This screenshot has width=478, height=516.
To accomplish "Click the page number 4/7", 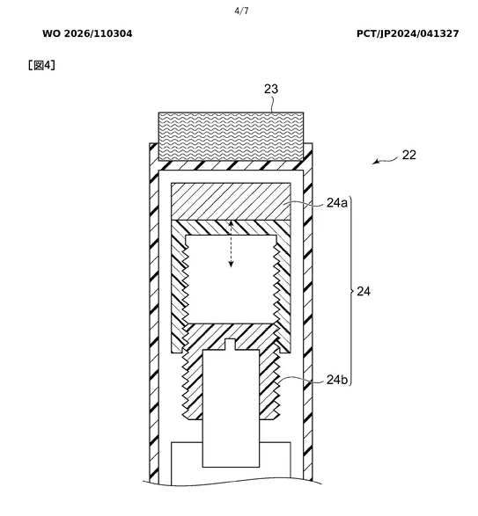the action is [241, 11].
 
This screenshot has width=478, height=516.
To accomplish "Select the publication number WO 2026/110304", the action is [87, 33].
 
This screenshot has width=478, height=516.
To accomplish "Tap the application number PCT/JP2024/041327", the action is [408, 33].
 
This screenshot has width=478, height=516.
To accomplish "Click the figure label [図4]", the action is [41, 65].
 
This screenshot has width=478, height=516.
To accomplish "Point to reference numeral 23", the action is [271, 89].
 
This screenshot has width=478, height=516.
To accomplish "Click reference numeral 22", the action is [409, 155].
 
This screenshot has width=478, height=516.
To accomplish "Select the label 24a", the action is [337, 203].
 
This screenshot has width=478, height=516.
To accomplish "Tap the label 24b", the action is [337, 380].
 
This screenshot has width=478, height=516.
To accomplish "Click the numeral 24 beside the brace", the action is [364, 291].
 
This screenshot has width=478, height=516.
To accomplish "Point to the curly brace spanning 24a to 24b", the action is [351, 291].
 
